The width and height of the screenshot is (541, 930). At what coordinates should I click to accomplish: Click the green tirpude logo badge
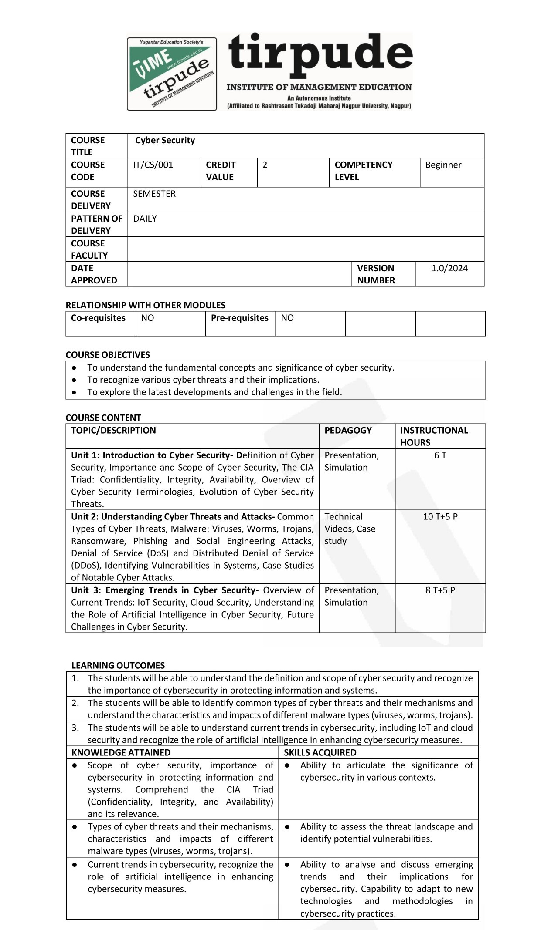click(x=172, y=74)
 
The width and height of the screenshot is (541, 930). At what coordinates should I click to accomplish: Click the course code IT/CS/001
click(x=153, y=165)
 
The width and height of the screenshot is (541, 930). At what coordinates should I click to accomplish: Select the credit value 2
click(x=265, y=165)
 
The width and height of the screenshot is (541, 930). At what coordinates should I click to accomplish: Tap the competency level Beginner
click(x=443, y=165)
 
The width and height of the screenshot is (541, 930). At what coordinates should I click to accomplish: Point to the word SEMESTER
click(x=154, y=194)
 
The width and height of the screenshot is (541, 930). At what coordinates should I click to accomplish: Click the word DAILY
click(x=145, y=219)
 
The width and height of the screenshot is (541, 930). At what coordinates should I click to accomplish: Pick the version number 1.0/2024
click(x=449, y=268)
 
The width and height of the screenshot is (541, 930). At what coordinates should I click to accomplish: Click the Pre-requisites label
click(x=239, y=318)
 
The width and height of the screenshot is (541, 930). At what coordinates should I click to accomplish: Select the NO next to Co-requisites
click(x=147, y=318)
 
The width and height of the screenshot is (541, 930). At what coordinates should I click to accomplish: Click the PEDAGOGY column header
click(x=348, y=430)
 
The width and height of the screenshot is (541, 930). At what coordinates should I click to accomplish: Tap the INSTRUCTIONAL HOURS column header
click(x=434, y=436)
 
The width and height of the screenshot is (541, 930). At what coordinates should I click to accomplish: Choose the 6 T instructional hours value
click(x=440, y=455)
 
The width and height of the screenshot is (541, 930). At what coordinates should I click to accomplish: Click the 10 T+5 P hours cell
click(x=440, y=516)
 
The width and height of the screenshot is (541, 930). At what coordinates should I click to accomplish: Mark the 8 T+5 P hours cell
click(x=440, y=590)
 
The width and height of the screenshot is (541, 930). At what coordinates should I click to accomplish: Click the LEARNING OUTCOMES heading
click(x=118, y=665)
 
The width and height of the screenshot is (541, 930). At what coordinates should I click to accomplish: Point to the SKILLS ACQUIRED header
click(x=320, y=752)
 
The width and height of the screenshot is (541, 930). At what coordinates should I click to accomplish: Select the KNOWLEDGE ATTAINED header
click(x=121, y=752)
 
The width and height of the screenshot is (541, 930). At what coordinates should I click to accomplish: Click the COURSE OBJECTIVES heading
click(x=108, y=355)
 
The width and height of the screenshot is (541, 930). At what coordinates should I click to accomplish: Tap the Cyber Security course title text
click(x=165, y=140)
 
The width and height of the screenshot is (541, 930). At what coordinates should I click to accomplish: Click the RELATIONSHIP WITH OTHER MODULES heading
click(x=146, y=305)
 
